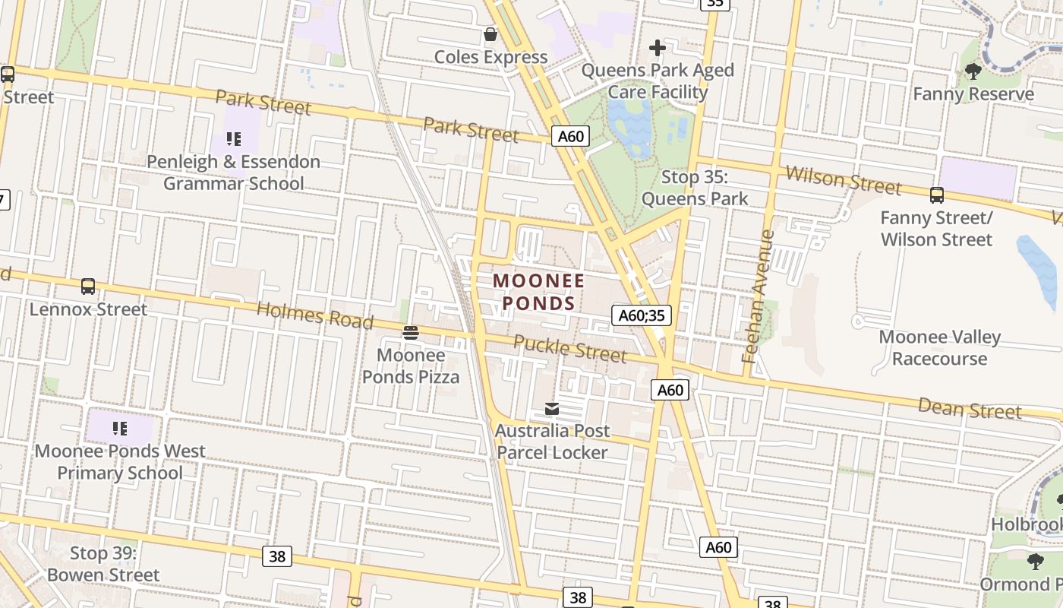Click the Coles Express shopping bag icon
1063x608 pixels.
pos(490,34)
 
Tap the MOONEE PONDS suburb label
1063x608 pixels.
pos(539,292)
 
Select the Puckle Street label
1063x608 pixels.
pos(570,348)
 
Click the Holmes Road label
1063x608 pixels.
pos(315,315)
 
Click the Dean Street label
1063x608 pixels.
pos(970,408)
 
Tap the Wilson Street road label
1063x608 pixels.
pos(843,181)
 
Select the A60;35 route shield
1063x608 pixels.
pos(642,315)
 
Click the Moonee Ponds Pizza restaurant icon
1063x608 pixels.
pos(411,332)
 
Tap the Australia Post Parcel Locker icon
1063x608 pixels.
pos(552,409)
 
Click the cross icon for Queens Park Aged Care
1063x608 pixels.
pos(658,49)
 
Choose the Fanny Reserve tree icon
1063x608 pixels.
pos(973,71)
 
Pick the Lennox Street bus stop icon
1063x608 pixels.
pos(88,287)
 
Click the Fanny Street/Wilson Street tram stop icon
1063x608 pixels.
pos(937,195)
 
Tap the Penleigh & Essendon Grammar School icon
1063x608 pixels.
pos(234,139)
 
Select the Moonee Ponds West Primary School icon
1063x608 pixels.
pos(120,429)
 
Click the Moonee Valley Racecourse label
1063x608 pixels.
pos(940,347)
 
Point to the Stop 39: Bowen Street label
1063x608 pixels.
pos(103,564)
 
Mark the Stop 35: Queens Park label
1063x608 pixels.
pos(695,188)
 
